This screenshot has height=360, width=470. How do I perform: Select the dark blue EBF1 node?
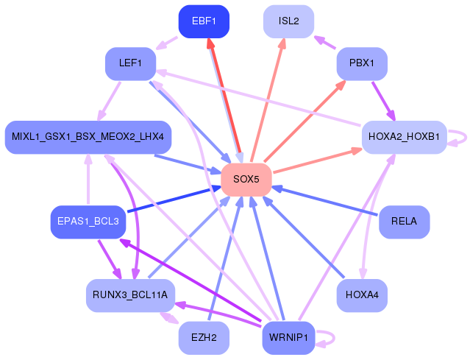coord(204,21)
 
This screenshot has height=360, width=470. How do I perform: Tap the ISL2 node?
coord(289,21)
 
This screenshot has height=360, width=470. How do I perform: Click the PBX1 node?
coord(362,64)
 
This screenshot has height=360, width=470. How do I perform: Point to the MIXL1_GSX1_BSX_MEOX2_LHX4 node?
coord(88,137)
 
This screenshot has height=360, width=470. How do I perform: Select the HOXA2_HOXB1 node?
coord(404,137)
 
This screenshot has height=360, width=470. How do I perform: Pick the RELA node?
coord(404,222)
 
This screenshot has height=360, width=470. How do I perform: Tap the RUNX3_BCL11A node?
coord(130,295)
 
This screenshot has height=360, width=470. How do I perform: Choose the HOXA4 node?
coord(362,295)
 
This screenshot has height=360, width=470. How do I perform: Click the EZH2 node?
coord(204,338)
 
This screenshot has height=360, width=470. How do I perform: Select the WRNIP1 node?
coord(289,338)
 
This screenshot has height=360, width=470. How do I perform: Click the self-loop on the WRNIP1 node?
coord(330,339)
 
